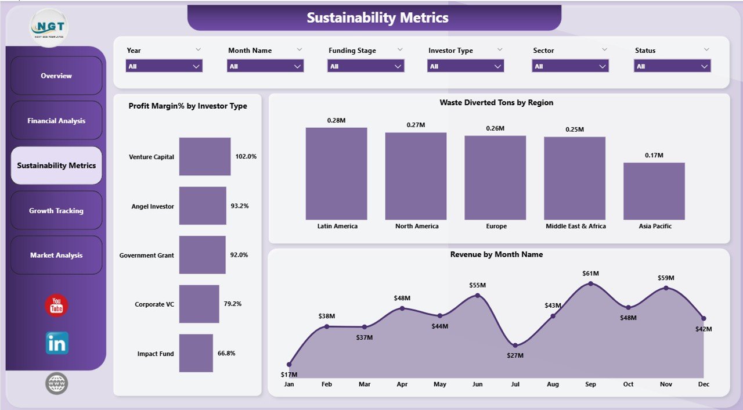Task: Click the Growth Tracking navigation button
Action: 56,210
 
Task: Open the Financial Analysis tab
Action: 56,121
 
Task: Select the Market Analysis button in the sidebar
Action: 56,255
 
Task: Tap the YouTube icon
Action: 56,305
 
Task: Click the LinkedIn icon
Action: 57,343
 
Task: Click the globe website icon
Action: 56,383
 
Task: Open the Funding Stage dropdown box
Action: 366,66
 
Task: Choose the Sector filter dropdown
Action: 570,66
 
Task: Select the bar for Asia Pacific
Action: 654,191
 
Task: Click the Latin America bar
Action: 336,174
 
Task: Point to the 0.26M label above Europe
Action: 495,128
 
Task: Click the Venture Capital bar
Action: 204,156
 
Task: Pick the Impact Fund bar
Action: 196,353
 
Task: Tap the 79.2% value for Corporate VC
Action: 233,304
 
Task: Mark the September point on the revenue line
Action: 590,283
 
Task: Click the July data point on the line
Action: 515,344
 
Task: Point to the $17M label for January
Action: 288,375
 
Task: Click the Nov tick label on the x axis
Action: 666,384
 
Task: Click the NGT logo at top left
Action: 49,27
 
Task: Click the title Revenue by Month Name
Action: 496,254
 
